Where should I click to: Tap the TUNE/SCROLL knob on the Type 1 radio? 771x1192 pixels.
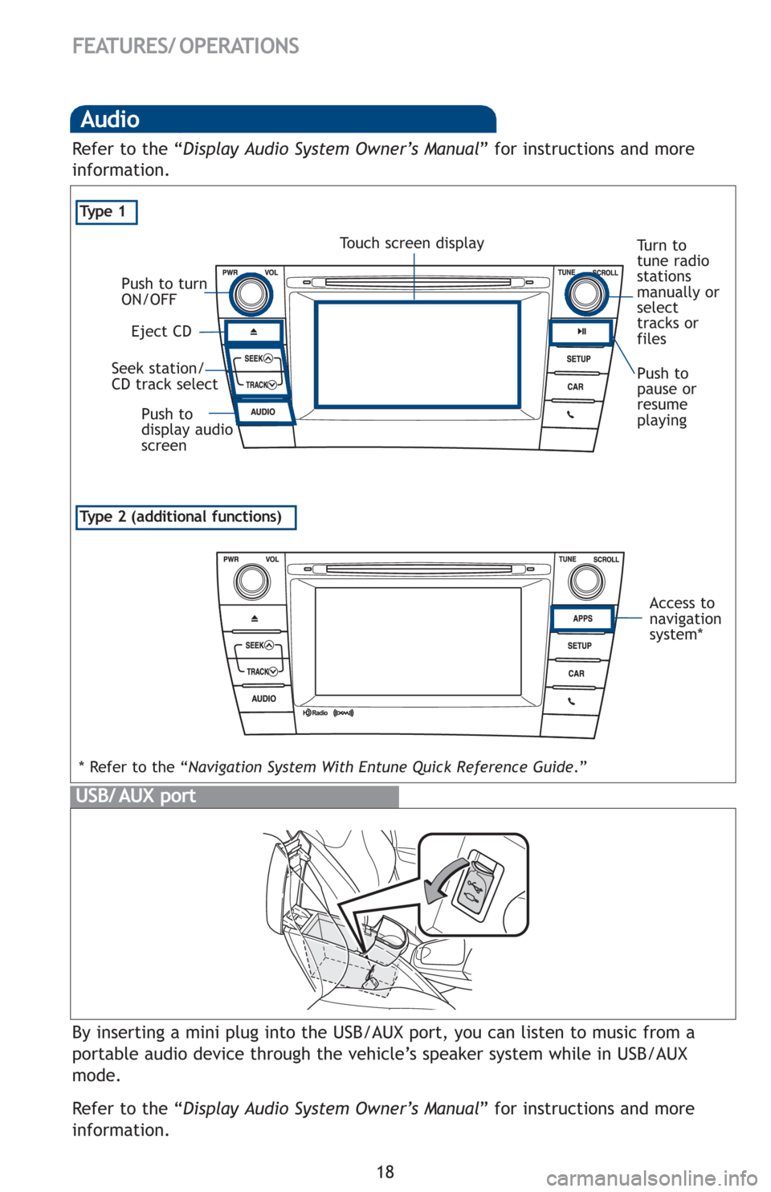click(x=585, y=294)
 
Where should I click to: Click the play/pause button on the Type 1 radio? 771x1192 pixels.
click(x=581, y=331)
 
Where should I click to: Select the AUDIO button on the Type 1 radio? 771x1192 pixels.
click(x=263, y=412)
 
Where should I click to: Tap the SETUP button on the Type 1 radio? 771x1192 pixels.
click(x=578, y=359)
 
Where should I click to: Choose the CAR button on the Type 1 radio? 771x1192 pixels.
click(x=576, y=387)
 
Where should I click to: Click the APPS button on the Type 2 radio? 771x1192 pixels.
click(x=582, y=618)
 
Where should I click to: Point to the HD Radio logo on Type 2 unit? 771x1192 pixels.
click(x=316, y=713)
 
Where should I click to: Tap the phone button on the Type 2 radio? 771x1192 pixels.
click(x=572, y=701)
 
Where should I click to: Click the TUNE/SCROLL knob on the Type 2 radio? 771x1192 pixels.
click(x=585, y=580)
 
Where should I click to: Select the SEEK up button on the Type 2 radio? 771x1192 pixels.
click(x=259, y=645)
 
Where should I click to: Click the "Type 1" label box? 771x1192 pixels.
click(x=107, y=212)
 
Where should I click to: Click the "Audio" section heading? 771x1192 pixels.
click(x=111, y=120)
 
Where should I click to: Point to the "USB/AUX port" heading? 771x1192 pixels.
click(x=136, y=796)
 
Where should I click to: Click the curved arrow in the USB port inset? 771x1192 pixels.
click(x=447, y=880)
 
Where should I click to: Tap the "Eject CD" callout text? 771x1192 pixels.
click(x=161, y=331)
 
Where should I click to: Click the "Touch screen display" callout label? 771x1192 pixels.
click(x=412, y=242)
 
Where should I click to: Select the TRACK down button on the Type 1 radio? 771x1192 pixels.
click(x=260, y=385)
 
